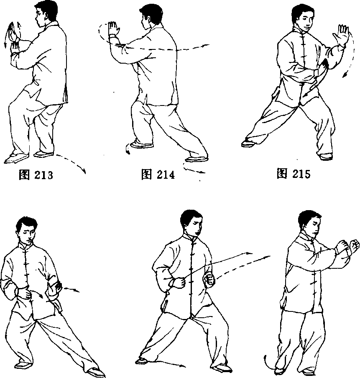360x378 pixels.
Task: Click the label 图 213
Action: coord(36,175)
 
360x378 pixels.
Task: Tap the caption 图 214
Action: coord(158,174)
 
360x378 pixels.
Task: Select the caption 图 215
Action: coord(294,173)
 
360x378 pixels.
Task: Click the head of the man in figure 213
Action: coord(45,13)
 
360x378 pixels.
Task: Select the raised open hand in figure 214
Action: coord(113,29)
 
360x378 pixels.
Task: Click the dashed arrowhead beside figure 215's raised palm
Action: coord(345,75)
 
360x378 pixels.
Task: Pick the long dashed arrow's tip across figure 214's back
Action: coord(207,45)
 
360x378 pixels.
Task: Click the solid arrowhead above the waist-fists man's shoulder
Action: coord(249,253)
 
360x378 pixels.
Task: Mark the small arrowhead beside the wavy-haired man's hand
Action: coord(77,291)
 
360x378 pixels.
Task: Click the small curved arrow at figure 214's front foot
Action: coord(127,149)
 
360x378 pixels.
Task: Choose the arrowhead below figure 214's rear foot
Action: coord(202,172)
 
